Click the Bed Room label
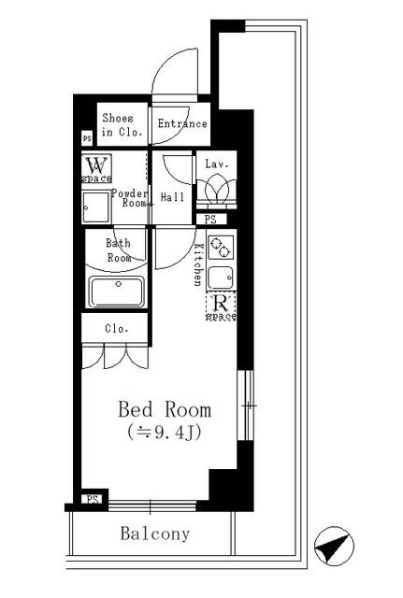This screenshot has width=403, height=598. coord(164,409)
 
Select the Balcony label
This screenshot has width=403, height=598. coord(154,534)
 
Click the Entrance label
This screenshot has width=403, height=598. coord(181,123)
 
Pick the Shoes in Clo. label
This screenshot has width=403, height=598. coord(122,125)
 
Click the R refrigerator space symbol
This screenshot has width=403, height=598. coord(222,305)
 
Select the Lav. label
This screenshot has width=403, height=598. coord(218,164)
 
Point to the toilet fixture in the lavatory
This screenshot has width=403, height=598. coord(218,192)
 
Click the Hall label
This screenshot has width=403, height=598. coord(173,198)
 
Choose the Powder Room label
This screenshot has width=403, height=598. coord(130,199)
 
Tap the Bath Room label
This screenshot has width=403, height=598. coord(119,250)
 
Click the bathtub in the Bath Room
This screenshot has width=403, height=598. coord(116,292)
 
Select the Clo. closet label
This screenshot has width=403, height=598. coord(116,329)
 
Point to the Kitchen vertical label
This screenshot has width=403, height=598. coord(198,263)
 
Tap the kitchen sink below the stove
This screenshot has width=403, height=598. coord(222,278)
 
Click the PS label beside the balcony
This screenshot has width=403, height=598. coord(92,499)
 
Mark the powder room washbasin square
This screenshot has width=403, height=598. coord(94,207)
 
